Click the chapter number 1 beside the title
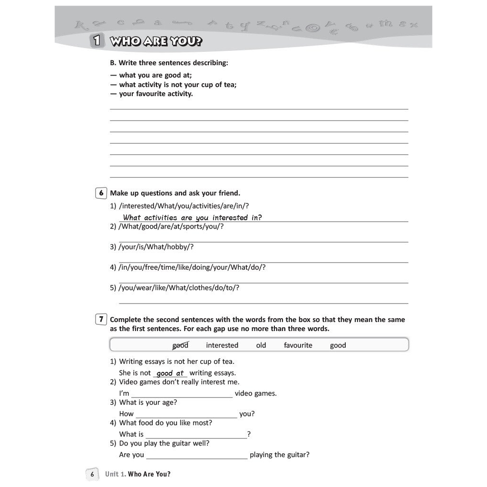(97, 41)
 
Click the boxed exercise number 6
(101, 193)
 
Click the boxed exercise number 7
(101, 320)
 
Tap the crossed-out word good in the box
(180, 345)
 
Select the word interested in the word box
(222, 345)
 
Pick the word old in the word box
(261, 345)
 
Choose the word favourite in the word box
(298, 345)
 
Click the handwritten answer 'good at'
(170, 373)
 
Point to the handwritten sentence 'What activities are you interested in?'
(192, 218)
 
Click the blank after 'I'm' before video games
(182, 394)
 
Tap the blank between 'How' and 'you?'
(186, 415)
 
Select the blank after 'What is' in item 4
(196, 435)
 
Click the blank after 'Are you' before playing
(197, 456)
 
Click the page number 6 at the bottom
(92, 474)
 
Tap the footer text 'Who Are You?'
(149, 474)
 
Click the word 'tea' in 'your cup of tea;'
(228, 85)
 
